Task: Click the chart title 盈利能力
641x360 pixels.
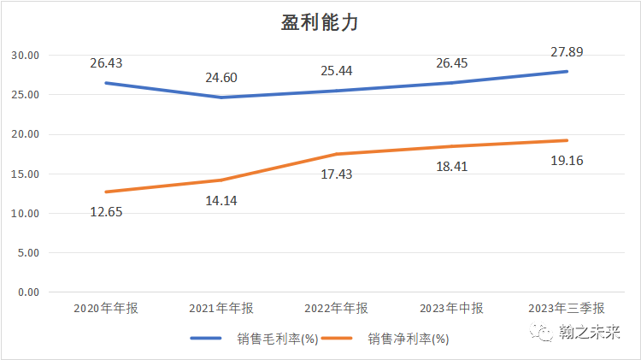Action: pyautogui.click(x=320, y=23)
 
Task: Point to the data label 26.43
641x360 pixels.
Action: pyautogui.click(x=107, y=62)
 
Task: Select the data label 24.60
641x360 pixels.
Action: pyautogui.click(x=221, y=78)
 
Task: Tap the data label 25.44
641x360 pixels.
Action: pyautogui.click(x=335, y=70)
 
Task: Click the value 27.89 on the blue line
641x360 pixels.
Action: pyautogui.click(x=567, y=52)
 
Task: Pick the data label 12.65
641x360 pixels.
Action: pyautogui.click(x=107, y=212)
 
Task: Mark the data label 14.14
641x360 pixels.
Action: pyautogui.click(x=221, y=202)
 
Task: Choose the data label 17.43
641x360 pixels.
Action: pyautogui.click(x=335, y=174)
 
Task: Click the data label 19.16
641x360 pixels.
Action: pyautogui.click(x=567, y=159)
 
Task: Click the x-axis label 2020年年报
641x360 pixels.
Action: pyautogui.click(x=107, y=309)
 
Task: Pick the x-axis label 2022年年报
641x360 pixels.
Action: pyautogui.click(x=336, y=309)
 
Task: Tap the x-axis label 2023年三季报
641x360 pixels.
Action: pyautogui.click(x=567, y=309)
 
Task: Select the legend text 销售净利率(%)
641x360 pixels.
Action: pyautogui.click(x=409, y=339)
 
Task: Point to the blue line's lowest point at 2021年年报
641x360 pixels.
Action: pyautogui.click(x=221, y=97)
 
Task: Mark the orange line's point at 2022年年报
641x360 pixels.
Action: pyautogui.click(x=336, y=154)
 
